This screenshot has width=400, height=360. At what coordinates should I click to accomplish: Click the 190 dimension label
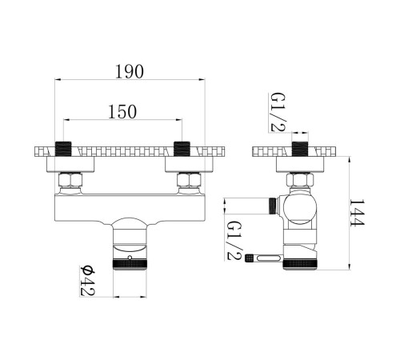(x=130, y=72)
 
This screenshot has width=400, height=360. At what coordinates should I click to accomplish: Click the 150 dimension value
(x=122, y=112)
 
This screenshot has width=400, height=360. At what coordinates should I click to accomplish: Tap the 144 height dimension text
(x=357, y=213)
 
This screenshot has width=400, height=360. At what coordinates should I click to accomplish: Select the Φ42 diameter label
(x=87, y=280)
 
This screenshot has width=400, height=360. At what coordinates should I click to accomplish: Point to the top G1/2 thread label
(x=278, y=112)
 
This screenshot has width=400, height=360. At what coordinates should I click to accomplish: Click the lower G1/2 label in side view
(x=234, y=241)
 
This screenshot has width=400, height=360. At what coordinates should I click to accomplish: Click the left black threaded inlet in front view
(x=63, y=149)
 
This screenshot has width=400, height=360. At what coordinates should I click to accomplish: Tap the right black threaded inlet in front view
(x=182, y=149)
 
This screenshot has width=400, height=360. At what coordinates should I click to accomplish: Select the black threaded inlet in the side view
(x=300, y=149)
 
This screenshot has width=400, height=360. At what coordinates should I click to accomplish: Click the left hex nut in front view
(x=70, y=180)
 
